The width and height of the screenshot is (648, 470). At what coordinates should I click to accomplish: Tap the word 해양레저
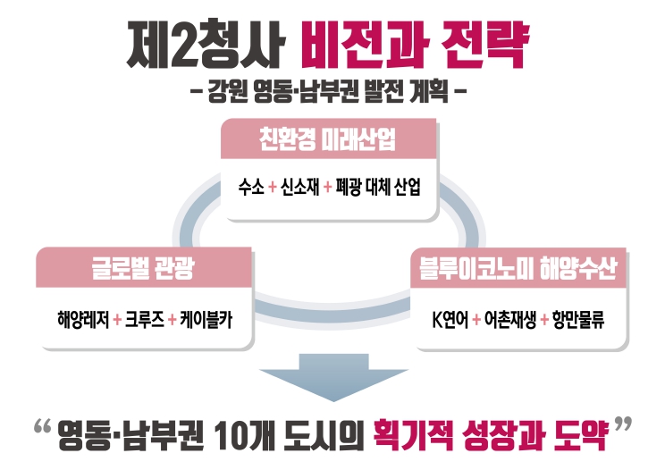pyautogui.click(x=81, y=319)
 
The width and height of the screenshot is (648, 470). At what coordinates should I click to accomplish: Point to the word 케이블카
pyautogui.click(x=204, y=319)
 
